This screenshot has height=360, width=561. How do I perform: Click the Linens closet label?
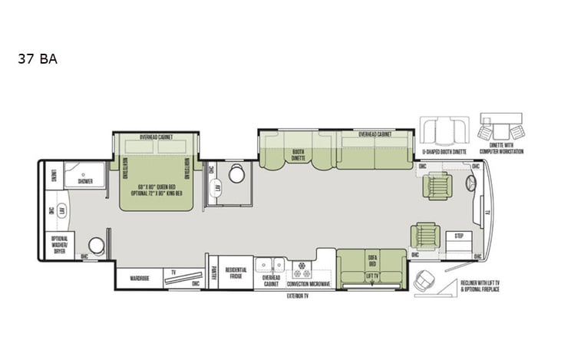[53, 177]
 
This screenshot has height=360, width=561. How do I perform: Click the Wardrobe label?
[138, 277]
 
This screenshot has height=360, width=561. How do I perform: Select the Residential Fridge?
[236, 273]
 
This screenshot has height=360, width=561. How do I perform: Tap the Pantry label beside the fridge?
[212, 270]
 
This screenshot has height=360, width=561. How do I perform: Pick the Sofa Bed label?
[371, 259]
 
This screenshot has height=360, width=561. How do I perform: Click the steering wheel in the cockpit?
[470, 182]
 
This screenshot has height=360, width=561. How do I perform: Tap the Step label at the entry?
[459, 236]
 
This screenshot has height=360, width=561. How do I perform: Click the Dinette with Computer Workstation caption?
[500, 149]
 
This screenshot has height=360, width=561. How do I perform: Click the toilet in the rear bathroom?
[96, 243]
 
